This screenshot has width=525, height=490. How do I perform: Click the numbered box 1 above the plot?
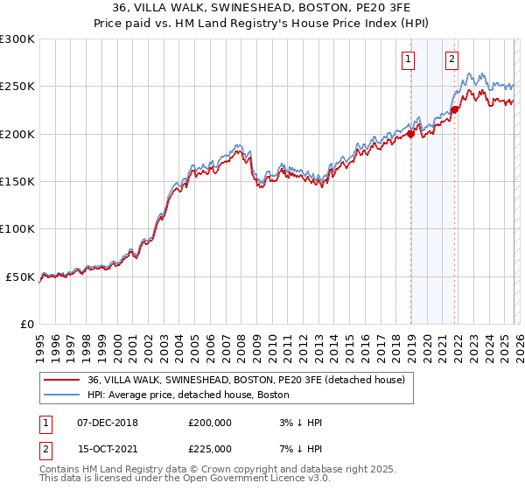click(x=409, y=59)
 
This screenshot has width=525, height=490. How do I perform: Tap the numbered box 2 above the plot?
click(x=451, y=59)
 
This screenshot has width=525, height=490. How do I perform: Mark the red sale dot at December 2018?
click(x=410, y=135)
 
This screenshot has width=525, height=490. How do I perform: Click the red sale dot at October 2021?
click(x=455, y=110)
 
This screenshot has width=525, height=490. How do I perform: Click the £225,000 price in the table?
click(x=210, y=448)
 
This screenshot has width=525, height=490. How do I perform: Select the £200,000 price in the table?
click(x=210, y=423)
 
